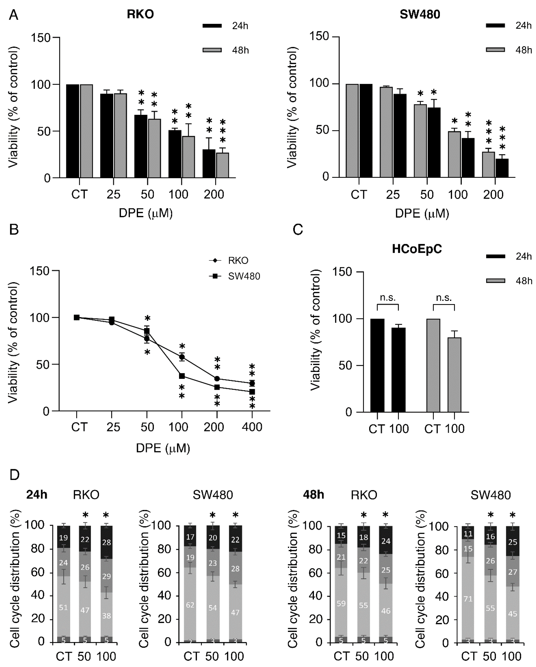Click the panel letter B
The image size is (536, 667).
click(14, 230)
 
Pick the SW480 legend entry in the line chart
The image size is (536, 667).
click(244, 276)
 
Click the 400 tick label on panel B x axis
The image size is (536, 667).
click(252, 427)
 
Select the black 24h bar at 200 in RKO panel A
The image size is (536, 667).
click(209, 163)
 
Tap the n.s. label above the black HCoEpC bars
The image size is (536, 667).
click(387, 298)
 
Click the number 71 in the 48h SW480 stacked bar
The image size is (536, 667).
click(468, 599)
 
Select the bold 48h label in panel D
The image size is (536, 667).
click(313, 495)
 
